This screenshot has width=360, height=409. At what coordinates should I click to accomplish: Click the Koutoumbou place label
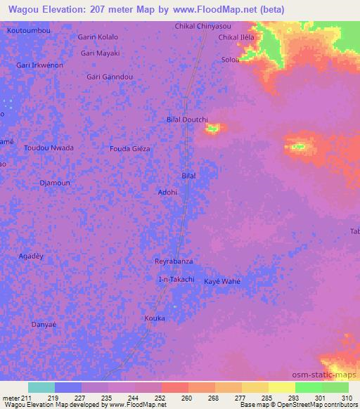click(28, 32)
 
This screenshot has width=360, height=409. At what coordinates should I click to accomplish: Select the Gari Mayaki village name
click(101, 53)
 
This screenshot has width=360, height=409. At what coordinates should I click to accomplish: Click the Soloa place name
click(231, 60)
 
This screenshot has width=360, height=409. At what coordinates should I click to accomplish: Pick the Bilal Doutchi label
click(187, 119)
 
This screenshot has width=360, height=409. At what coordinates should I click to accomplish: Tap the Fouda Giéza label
click(130, 149)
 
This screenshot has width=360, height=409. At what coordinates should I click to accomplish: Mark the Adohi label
click(167, 192)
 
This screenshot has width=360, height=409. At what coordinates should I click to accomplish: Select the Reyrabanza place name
click(174, 261)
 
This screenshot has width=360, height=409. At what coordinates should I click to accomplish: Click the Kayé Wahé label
click(222, 281)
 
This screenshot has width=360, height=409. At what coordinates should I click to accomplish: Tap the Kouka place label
click(155, 318)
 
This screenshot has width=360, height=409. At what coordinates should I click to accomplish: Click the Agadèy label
click(31, 257)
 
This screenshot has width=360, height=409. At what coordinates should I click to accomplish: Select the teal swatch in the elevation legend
click(41, 387)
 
